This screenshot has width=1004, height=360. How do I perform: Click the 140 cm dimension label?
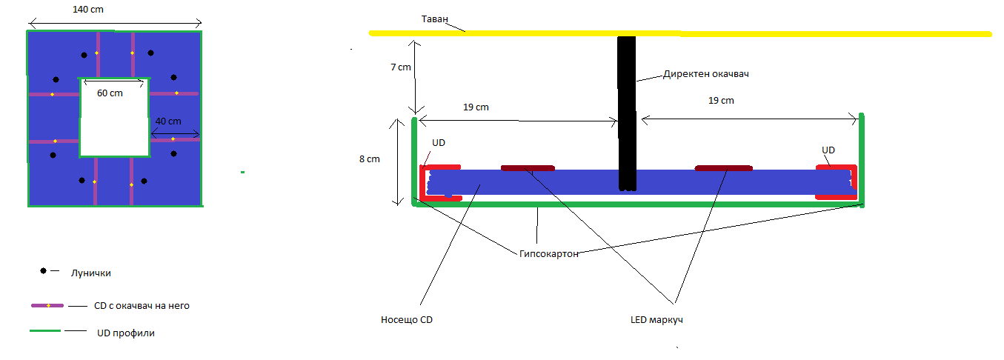coord(88,10)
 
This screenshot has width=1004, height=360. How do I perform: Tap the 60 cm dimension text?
coord(110,93)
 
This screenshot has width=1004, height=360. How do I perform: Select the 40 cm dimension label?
coord(168,121)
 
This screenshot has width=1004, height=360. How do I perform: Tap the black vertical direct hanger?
coord(627,111)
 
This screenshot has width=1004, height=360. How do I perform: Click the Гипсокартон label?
coord(549,253)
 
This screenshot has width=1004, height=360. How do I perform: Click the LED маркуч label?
coord(651,320)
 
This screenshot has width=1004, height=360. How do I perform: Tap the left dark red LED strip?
coord(528,168)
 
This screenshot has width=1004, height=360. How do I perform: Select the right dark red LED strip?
coord(723,168)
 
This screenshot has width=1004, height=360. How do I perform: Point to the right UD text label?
coord(828,150)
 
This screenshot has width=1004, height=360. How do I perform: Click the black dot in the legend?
coord(44,272)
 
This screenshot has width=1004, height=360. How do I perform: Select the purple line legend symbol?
coord(48,305)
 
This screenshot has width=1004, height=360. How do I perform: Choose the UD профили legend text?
coord(126,333)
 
